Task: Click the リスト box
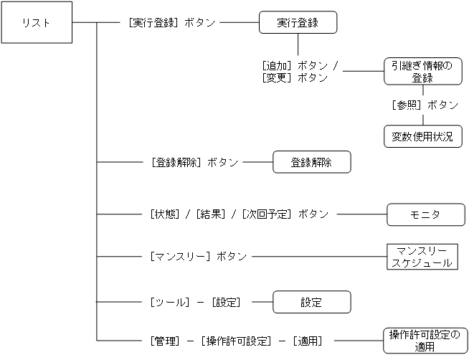[37, 23]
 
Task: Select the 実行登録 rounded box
[298, 23]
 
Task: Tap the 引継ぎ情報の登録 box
[422, 72]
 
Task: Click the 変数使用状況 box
[422, 136]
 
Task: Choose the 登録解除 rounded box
[311, 162]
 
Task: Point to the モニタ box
[422, 214]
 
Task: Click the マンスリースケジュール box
[422, 256]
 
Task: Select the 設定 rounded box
[311, 302]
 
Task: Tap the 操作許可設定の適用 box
[423, 340]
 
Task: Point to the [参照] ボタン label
[425, 105]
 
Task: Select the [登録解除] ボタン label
[194, 163]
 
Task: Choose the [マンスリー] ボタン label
[198, 256]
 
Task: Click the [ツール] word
[169, 303]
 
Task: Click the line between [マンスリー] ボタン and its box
[318, 256]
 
